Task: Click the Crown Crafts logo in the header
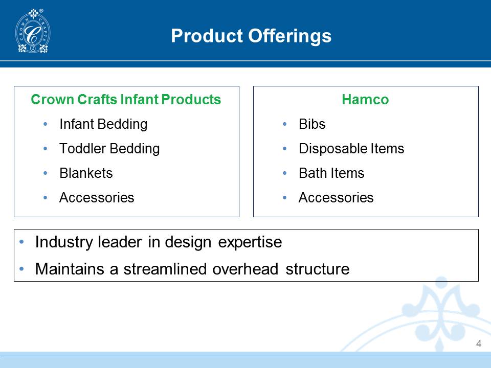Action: coord(33,31)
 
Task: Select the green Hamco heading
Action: coord(365,100)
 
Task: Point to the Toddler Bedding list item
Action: coord(109,149)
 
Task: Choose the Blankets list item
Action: coord(86,173)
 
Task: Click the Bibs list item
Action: coord(312,124)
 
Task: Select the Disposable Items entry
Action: coord(351,149)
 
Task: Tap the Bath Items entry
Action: coord(331,173)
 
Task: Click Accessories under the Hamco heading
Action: coord(336,198)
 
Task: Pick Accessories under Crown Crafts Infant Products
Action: coord(97,198)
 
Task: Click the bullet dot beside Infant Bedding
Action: coord(46,124)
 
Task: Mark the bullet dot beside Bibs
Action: coord(285,124)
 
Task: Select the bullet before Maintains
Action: coord(21,268)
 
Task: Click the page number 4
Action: coord(479,343)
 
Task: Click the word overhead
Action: coord(245,269)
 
